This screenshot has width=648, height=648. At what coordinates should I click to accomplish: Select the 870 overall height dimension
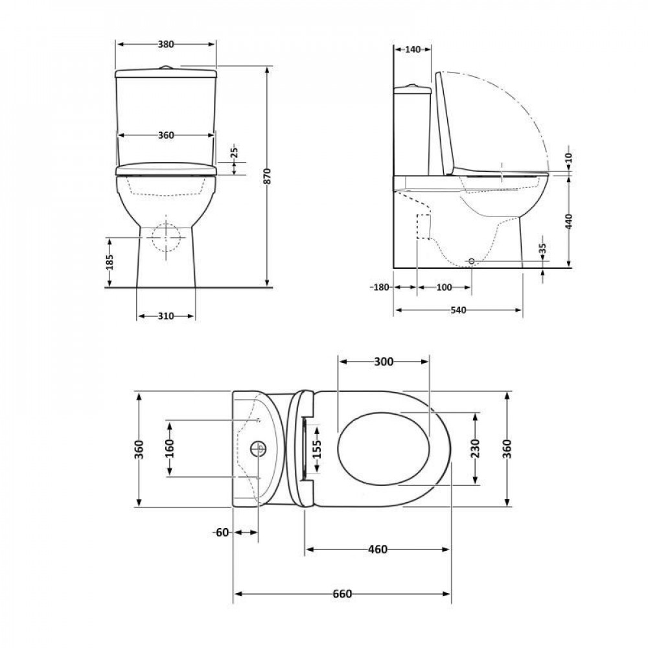266,176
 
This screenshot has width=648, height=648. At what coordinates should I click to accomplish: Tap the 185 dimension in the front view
110,262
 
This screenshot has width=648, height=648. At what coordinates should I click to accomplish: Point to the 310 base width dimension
166,316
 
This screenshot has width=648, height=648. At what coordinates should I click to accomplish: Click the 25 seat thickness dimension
235,153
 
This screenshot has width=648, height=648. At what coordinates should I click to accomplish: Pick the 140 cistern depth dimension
412,49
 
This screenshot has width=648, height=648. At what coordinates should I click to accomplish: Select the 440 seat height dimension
568,222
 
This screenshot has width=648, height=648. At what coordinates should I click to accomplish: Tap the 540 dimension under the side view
458,310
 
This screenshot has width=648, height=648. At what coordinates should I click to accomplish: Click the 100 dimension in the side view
444,287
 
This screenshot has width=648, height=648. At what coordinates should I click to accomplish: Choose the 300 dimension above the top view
384,362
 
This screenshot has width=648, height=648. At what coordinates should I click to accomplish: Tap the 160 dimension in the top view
169,448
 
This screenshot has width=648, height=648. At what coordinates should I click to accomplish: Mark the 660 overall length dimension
342,594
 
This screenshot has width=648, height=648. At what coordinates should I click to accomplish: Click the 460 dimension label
378,550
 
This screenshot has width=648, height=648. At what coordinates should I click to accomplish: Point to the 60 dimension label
222,533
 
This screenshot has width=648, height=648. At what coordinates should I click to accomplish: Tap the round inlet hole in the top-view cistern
258,448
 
